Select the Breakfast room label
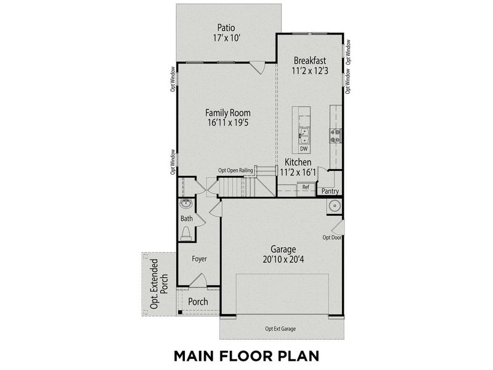click(x=309, y=60)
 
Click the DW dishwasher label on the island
click(x=304, y=149)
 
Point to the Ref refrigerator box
click(x=305, y=187)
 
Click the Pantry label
click(x=330, y=191)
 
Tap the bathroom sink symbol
click(x=185, y=205)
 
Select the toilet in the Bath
click(x=186, y=233)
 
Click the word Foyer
click(x=198, y=259)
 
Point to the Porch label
click(x=198, y=302)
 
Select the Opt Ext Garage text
click(x=280, y=329)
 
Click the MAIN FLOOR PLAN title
click(x=246, y=356)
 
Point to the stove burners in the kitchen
click(x=336, y=135)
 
